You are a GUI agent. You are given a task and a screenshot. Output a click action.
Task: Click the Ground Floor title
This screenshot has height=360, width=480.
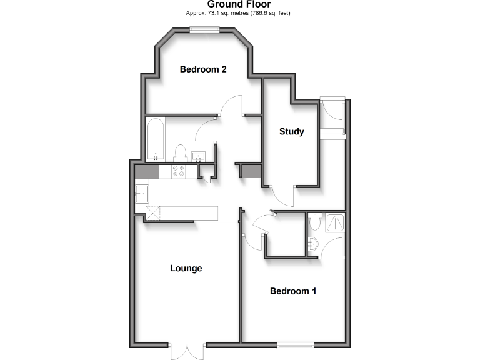[x=239, y=4]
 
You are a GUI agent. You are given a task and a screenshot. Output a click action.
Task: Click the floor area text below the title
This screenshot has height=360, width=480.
[x=239, y=13]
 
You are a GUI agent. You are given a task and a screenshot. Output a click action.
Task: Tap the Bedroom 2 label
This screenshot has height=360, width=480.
[x=203, y=69]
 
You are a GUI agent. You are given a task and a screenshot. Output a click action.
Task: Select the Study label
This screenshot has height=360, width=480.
[x=291, y=131]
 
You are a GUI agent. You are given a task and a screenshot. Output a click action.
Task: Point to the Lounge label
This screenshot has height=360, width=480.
[x=186, y=269]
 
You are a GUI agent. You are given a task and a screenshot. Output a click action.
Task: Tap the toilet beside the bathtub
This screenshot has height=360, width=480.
[x=181, y=152]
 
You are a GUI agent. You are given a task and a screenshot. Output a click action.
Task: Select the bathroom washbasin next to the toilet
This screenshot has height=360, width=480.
[x=200, y=156]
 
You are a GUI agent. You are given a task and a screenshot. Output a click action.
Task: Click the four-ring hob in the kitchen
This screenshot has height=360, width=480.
[x=177, y=171]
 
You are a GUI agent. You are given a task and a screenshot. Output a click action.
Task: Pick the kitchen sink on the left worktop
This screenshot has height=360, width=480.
[x=141, y=194]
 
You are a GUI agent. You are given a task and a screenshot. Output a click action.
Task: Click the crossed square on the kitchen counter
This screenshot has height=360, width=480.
[x=152, y=212]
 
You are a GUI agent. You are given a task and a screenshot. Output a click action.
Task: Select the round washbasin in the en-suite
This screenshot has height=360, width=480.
[x=313, y=243]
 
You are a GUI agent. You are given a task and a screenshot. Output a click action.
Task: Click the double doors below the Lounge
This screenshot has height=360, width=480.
[x=187, y=351]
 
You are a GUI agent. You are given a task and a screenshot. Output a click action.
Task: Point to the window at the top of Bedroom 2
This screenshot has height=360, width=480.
[x=204, y=29]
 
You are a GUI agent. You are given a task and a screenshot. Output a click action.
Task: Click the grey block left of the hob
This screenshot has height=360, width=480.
[x=148, y=171]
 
